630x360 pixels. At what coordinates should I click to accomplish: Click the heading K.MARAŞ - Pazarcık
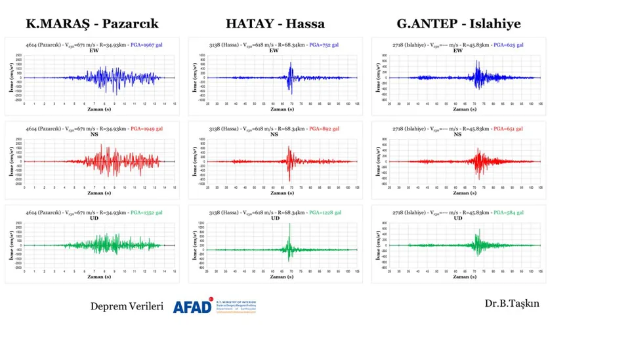(92, 24)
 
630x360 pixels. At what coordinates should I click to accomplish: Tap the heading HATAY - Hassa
(275, 24)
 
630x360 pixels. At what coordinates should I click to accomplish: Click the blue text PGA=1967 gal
(146, 44)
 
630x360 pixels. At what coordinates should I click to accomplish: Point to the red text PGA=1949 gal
(146, 129)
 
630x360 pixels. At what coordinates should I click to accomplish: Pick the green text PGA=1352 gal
(146, 212)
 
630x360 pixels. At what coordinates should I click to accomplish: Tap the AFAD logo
(214, 306)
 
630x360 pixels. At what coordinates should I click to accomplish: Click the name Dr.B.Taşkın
(512, 303)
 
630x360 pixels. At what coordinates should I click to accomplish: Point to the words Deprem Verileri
(127, 307)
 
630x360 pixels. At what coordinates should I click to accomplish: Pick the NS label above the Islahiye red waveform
(458, 134)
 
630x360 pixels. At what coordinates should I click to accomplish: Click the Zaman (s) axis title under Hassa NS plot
(275, 193)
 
